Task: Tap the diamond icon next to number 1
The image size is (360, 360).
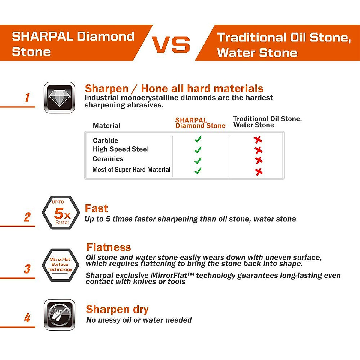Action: (59, 97)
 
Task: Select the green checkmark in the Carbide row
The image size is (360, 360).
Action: (198, 139)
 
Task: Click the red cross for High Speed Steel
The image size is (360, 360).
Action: (258, 150)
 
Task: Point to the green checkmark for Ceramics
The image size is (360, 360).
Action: (198, 160)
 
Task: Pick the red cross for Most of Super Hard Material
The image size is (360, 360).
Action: (259, 172)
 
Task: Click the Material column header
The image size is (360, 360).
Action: (106, 126)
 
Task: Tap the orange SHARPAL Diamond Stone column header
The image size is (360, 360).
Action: (200, 123)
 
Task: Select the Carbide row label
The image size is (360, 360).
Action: (106, 140)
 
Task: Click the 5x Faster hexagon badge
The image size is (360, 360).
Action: (61, 213)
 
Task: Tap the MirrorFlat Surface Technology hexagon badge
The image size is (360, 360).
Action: (60, 265)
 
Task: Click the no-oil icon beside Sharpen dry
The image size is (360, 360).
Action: (59, 314)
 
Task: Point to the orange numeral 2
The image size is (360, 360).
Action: (27, 217)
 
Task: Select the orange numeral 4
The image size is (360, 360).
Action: (27, 318)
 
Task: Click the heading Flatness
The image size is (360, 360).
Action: (109, 247)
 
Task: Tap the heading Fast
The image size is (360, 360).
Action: (96, 208)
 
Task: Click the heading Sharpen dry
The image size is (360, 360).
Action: (117, 309)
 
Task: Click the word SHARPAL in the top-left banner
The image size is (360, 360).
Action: (42, 36)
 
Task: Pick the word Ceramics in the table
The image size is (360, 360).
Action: (108, 159)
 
